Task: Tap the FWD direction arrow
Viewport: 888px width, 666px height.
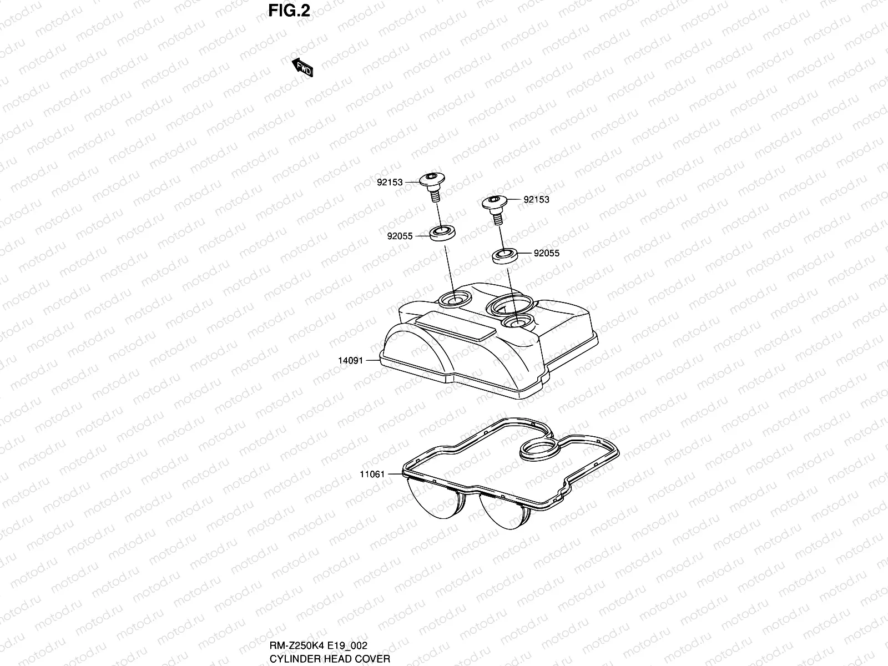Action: click(x=302, y=67)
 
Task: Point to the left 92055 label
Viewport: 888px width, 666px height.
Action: click(x=400, y=236)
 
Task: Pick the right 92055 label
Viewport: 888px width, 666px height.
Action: click(x=547, y=253)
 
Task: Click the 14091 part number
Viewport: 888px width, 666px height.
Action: click(x=350, y=361)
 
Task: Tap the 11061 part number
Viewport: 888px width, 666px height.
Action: click(x=372, y=475)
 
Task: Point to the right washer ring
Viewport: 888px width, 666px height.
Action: click(x=506, y=256)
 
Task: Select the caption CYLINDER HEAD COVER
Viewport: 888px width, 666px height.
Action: click(x=330, y=659)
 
